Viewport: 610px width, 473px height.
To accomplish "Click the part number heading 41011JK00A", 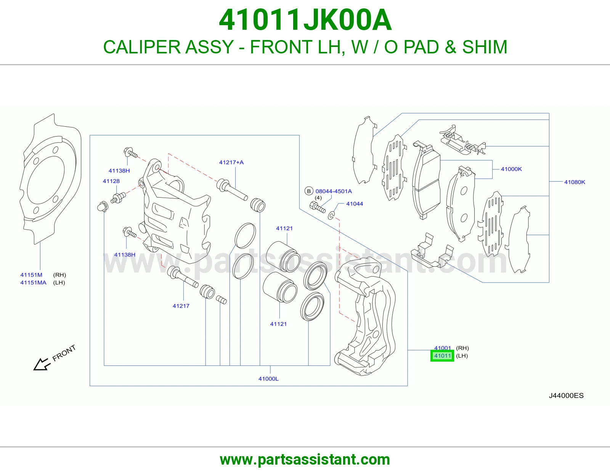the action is coord(305,20).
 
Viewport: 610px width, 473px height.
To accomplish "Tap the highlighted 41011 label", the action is coord(442,356).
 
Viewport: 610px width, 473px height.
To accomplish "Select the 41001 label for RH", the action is coord(442,348).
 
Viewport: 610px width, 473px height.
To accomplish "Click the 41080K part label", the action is coord(575,182).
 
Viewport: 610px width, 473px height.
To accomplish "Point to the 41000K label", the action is coord(511,169).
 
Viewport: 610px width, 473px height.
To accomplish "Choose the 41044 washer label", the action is coord(354,204).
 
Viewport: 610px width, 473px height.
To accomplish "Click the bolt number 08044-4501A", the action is coord(334,191).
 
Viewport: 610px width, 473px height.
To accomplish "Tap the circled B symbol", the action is coord(309,191).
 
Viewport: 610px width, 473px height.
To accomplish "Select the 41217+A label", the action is coord(231,162).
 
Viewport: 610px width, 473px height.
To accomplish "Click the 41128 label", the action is coord(111,181).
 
